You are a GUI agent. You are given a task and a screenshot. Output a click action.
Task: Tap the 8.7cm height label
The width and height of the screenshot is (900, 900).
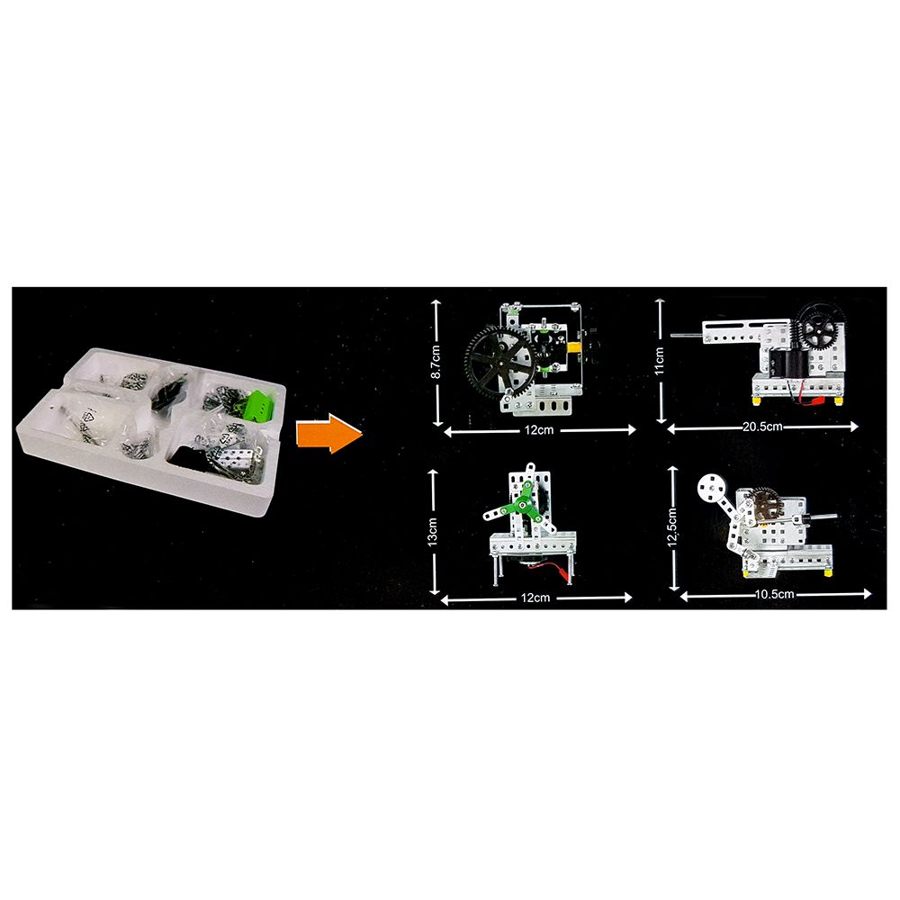tap(436, 362)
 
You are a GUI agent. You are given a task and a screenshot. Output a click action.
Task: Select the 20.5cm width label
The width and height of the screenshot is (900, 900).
tap(762, 427)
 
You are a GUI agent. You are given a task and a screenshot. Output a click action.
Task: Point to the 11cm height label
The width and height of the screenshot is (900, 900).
tap(659, 361)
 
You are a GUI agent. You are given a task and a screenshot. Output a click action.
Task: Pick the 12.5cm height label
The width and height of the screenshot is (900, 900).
tap(672, 528)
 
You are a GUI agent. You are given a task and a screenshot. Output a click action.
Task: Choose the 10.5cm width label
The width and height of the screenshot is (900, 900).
tap(774, 594)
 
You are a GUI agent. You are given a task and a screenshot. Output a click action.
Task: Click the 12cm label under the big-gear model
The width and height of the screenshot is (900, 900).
tap(539, 430)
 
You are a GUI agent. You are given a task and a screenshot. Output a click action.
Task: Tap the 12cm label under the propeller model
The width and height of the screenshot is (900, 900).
tap(535, 598)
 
